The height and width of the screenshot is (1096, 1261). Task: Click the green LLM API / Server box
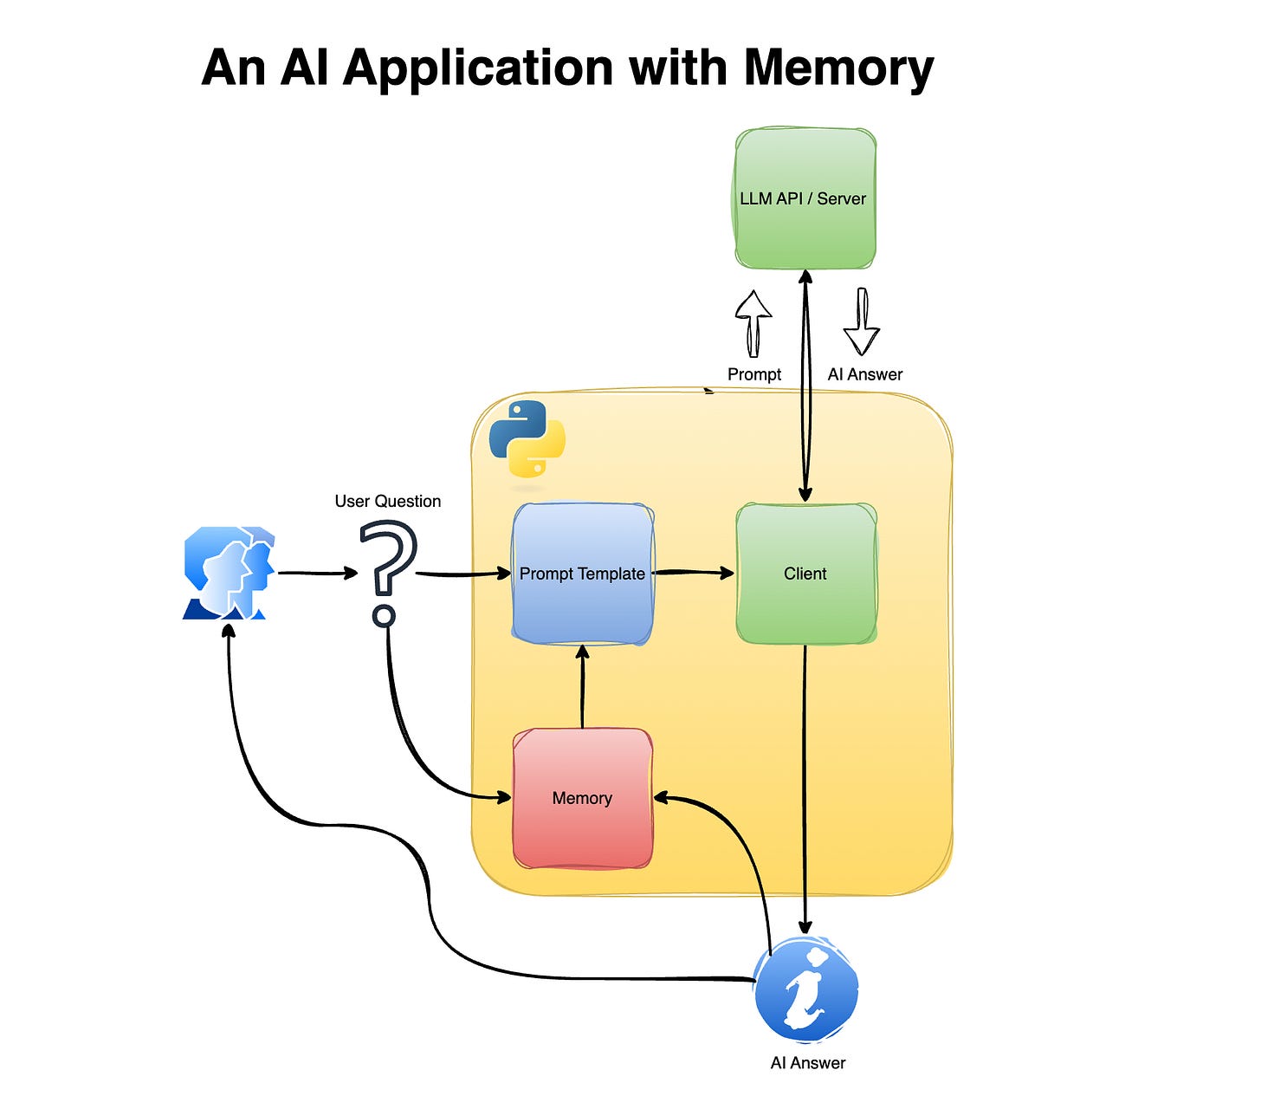click(805, 198)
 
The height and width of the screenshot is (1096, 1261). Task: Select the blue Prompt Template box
click(582, 574)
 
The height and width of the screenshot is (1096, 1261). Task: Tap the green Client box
click(805, 574)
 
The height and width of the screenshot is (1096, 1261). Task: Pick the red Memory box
click(582, 798)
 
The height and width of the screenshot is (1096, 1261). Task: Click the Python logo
click(527, 439)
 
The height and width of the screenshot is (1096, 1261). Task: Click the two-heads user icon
click(229, 573)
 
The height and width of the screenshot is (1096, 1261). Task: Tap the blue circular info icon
click(806, 989)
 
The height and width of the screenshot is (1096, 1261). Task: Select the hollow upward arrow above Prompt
click(753, 322)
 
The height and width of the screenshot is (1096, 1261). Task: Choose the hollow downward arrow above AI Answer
click(862, 322)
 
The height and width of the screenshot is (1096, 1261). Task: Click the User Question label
click(387, 501)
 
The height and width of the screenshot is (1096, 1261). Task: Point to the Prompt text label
click(753, 374)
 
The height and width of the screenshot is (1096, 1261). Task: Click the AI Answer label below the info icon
click(807, 1063)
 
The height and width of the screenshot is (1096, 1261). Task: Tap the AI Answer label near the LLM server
click(864, 374)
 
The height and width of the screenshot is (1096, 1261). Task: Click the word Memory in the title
click(837, 68)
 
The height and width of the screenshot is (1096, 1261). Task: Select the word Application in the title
click(478, 68)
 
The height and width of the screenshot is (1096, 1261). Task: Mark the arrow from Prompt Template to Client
click(693, 572)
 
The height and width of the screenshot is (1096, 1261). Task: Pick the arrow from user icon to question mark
click(317, 573)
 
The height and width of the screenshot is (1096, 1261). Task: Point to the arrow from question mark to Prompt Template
click(462, 574)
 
